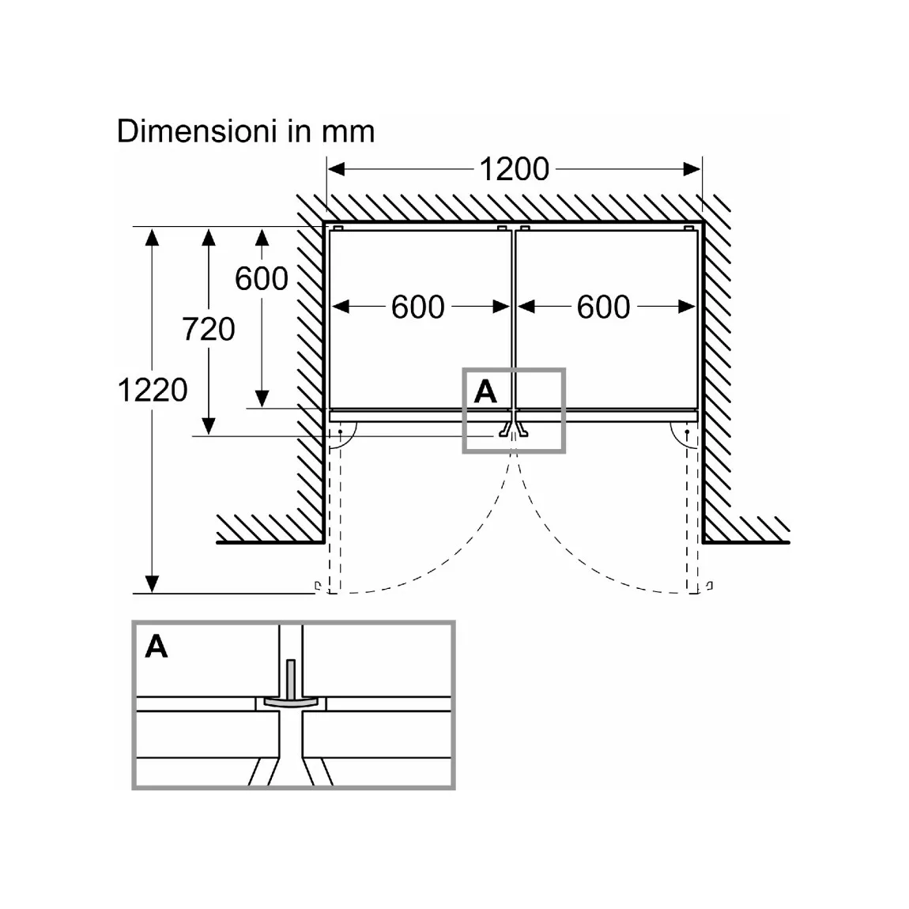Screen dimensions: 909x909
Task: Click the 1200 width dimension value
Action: click(x=515, y=169)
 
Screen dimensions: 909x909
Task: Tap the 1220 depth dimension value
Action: click(x=153, y=390)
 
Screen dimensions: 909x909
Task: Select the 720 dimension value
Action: click(x=209, y=330)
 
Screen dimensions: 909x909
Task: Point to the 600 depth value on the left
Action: click(x=262, y=279)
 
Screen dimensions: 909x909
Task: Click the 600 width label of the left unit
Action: click(x=418, y=307)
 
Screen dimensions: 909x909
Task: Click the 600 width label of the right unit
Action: click(x=603, y=307)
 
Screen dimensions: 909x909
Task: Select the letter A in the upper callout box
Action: click(x=485, y=391)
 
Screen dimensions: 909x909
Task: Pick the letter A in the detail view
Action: click(x=157, y=647)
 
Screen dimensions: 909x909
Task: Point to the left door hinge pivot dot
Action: click(x=341, y=432)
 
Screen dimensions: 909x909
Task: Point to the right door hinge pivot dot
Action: click(x=688, y=432)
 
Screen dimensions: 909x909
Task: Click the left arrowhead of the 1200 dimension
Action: click(x=336, y=169)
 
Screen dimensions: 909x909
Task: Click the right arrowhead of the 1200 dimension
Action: click(x=692, y=169)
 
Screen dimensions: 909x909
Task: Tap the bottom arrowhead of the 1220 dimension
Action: click(x=152, y=584)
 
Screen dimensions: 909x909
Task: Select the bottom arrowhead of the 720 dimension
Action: click(x=209, y=427)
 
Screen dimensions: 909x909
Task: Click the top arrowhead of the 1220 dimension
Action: click(x=152, y=237)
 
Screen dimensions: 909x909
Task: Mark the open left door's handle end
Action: click(x=318, y=586)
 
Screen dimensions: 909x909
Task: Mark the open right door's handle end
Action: click(x=710, y=586)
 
